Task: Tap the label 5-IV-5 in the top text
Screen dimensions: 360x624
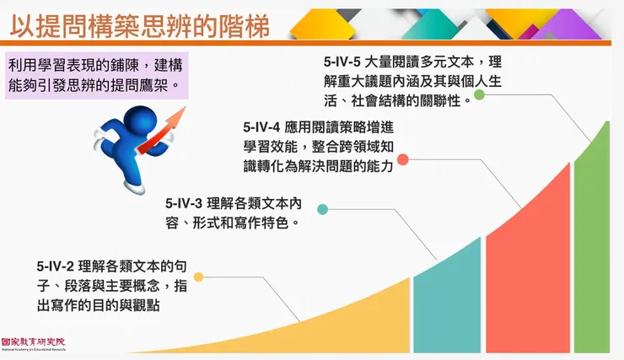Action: pos(342,62)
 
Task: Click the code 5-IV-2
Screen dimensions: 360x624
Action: pos(56,267)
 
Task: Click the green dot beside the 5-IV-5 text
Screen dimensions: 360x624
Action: pos(479,94)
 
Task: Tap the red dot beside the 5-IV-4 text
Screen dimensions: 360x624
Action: pos(403,159)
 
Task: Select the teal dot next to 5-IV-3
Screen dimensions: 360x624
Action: pos(322,209)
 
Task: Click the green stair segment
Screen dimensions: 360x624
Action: pos(593,253)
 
